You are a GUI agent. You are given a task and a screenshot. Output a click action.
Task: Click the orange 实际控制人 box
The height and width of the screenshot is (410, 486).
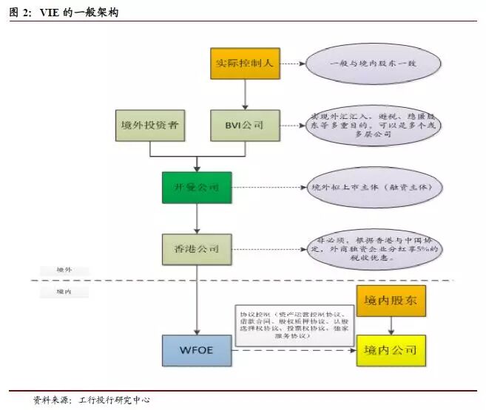tap(245, 63)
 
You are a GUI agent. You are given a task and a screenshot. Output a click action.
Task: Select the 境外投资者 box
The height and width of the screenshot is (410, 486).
tap(150, 126)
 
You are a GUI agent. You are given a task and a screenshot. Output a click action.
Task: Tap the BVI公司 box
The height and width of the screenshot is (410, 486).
tap(245, 126)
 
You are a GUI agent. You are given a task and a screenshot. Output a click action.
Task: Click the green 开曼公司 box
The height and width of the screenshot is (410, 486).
tap(196, 188)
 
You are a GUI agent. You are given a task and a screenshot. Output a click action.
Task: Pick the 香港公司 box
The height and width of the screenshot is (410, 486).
tap(196, 249)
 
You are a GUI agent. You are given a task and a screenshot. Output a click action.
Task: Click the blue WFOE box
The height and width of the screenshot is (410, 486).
tap(195, 349)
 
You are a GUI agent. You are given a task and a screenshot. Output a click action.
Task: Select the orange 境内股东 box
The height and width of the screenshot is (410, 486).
tap(391, 301)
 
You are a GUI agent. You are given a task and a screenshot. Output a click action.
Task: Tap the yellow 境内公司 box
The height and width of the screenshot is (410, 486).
tap(391, 350)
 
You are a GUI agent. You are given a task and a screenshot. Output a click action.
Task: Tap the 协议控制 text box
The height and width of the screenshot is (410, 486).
tap(295, 324)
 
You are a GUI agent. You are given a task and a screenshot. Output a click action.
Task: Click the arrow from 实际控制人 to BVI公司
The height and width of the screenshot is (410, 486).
tap(245, 95)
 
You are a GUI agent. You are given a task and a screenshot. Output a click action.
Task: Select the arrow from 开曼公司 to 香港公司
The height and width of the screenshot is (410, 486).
tap(196, 218)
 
